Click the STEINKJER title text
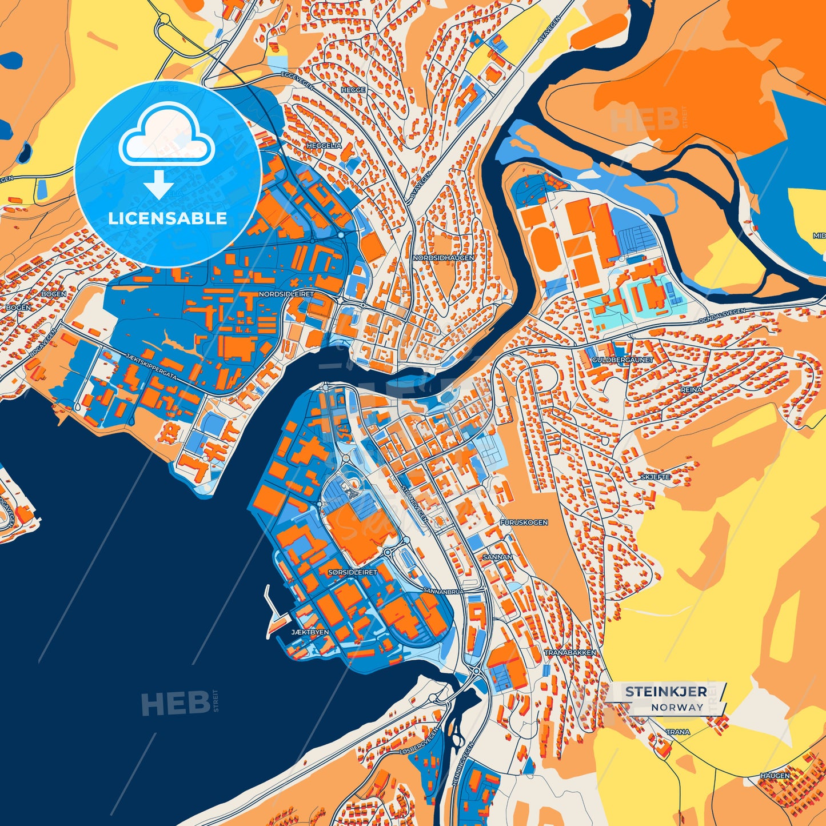tap(665, 692)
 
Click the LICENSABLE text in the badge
tap(167, 218)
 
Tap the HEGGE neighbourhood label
tap(353, 90)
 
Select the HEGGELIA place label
tap(324, 146)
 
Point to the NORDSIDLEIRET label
tap(286, 294)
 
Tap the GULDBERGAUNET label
tap(614, 360)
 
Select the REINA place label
tap(691, 389)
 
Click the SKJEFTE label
tap(655, 477)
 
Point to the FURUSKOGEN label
tap(524, 522)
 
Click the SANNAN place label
tap(497, 557)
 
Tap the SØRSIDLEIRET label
tap(353, 572)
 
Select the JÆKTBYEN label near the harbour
tap(310, 632)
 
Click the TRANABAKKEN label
tap(570, 652)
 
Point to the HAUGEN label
tap(775, 776)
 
